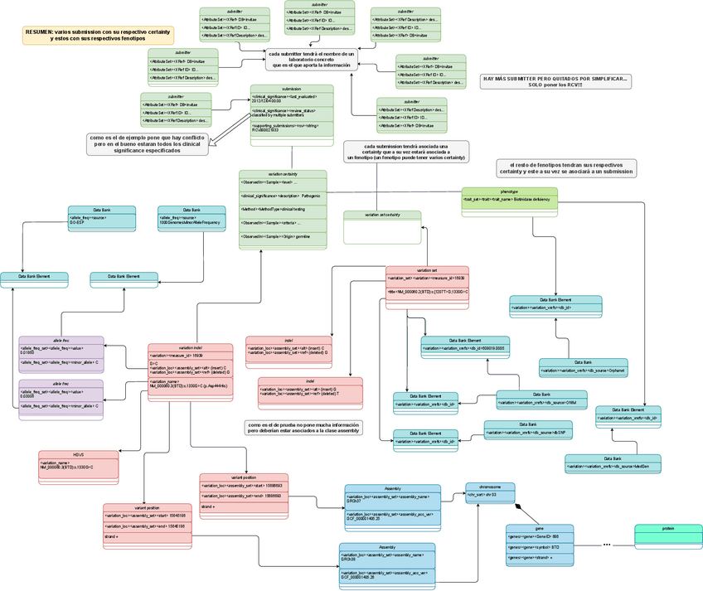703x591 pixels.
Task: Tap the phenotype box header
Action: pos(509,191)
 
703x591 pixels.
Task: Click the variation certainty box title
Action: pos(283,174)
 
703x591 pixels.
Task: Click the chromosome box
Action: pos(490,492)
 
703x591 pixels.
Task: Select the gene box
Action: pos(539,545)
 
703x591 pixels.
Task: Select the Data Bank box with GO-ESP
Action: pos(100,217)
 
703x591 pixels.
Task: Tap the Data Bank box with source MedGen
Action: pos(601,463)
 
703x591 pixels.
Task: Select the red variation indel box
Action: pos(190,373)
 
